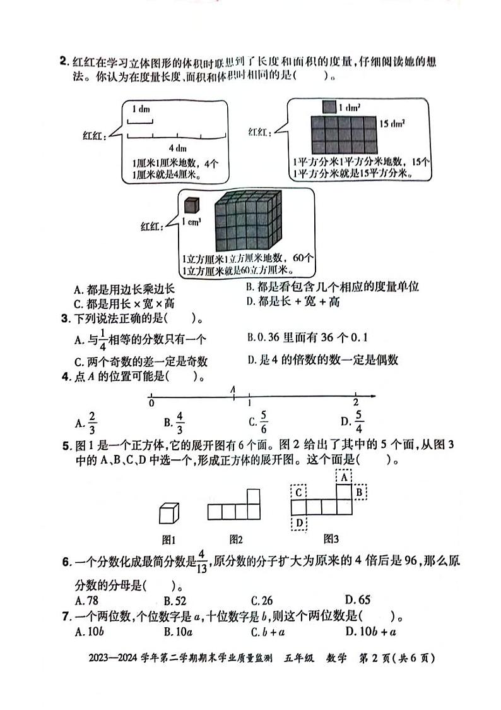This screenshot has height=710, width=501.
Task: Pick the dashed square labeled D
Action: [298, 522]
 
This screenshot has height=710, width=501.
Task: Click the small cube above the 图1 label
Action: [168, 514]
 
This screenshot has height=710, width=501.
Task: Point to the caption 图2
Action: [236, 539]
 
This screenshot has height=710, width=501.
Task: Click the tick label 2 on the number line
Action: [356, 403]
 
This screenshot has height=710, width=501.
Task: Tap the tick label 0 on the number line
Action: [151, 403]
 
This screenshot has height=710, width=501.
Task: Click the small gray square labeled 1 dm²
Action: [329, 107]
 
